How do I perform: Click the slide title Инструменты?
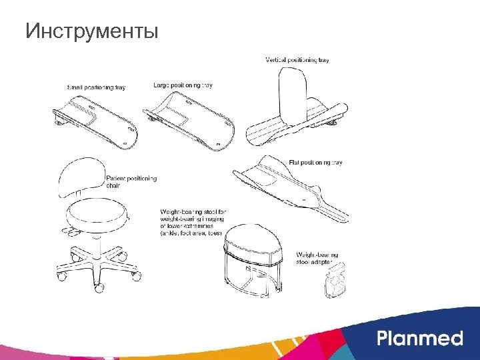click(91, 31)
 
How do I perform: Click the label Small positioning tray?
click(97, 87)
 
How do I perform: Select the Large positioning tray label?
click(183, 85)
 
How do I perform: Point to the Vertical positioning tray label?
click(297, 60)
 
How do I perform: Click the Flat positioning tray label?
click(315, 163)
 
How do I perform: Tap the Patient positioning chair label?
click(131, 182)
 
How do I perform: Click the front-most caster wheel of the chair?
click(99, 288)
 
